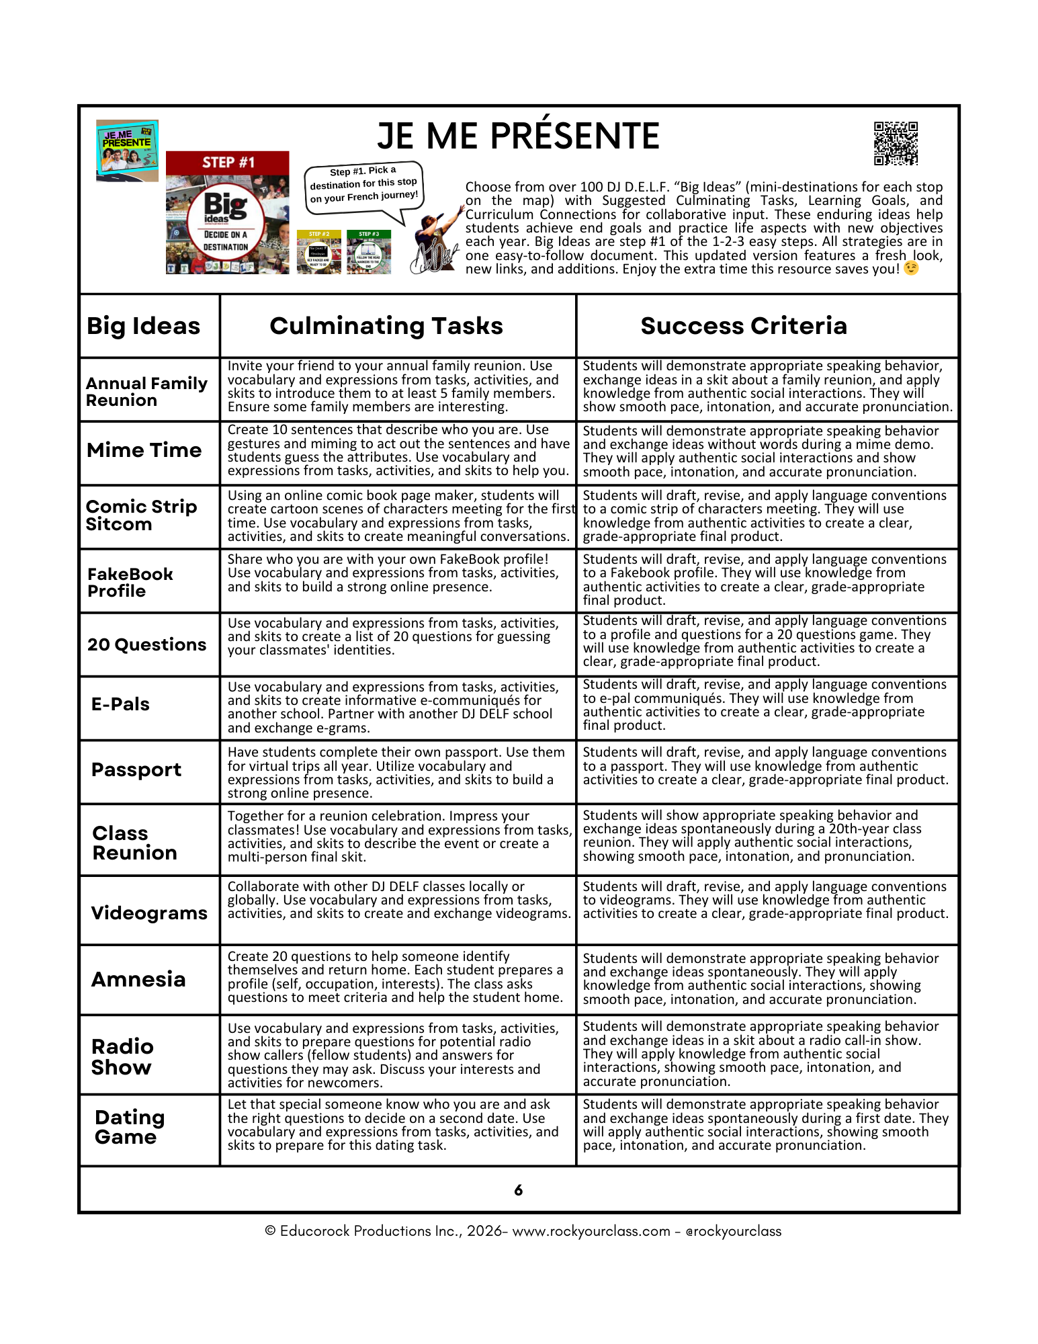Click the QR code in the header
click(x=896, y=143)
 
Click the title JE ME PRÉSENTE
click(x=518, y=136)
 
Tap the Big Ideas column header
click(x=143, y=326)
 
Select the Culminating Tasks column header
click(x=386, y=326)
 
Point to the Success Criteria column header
click(x=744, y=326)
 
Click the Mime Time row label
click(x=144, y=450)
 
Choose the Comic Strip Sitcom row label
click(x=141, y=515)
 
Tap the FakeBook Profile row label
click(x=130, y=583)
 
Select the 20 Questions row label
click(x=146, y=645)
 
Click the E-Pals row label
click(x=120, y=704)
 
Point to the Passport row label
click(x=136, y=769)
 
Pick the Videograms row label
click(x=149, y=913)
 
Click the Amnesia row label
click(x=138, y=979)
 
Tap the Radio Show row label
click(x=122, y=1056)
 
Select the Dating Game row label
click(x=130, y=1127)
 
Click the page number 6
click(x=518, y=1190)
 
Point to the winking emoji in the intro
click(x=911, y=269)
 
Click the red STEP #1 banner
click(x=228, y=163)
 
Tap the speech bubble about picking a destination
click(x=363, y=185)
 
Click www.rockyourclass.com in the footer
click(x=591, y=1231)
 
